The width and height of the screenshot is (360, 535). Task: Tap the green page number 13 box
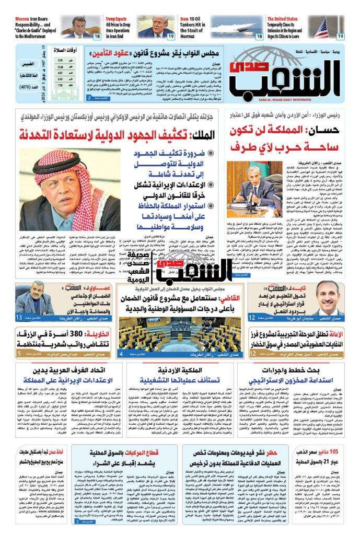(x=19, y=318)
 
